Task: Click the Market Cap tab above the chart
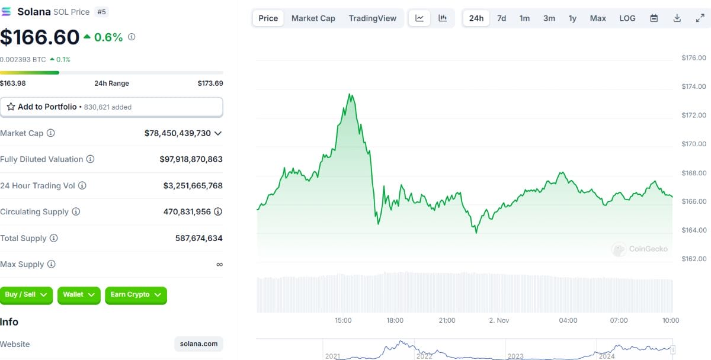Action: [313, 18]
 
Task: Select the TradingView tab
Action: [372, 18]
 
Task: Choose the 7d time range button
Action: [501, 18]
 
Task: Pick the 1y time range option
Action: [572, 18]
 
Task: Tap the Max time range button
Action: [598, 18]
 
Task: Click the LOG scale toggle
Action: [627, 18]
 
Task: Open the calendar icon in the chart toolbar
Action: [654, 18]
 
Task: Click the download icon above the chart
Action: [677, 18]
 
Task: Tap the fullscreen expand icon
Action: [700, 18]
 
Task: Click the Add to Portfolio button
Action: [111, 107]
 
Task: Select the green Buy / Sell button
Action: [26, 295]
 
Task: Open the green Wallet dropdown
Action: [79, 295]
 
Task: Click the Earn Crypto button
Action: [136, 295]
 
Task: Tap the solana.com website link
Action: [199, 344]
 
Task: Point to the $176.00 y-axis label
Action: [694, 58]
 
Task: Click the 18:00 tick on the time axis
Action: [395, 320]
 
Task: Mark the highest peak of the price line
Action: [350, 94]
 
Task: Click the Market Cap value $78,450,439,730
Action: [177, 133]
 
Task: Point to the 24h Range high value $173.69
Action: [210, 83]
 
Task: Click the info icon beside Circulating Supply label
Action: [76, 211]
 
